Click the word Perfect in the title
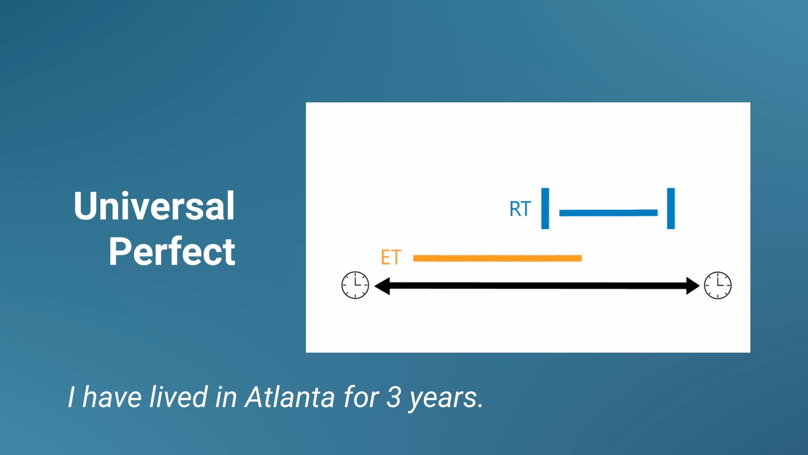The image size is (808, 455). pyautogui.click(x=172, y=252)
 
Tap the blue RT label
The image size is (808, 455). pyautogui.click(x=520, y=209)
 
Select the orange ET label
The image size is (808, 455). pyautogui.click(x=391, y=257)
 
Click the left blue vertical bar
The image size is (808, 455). pyautogui.click(x=545, y=209)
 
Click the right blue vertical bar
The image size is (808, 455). pyautogui.click(x=671, y=209)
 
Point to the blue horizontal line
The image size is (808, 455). pyautogui.click(x=608, y=213)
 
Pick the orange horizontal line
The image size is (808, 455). pyautogui.click(x=497, y=258)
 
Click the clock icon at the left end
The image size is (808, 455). pyautogui.click(x=355, y=285)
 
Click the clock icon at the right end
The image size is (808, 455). pyautogui.click(x=718, y=285)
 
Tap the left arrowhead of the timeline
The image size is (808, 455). pyautogui.click(x=382, y=286)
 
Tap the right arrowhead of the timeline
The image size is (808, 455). pyautogui.click(x=692, y=286)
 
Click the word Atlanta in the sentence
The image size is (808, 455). pyautogui.click(x=290, y=397)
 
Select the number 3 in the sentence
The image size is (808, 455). pyautogui.click(x=393, y=397)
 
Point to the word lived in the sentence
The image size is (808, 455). pyautogui.click(x=178, y=397)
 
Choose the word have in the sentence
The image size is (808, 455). pyautogui.click(x=112, y=397)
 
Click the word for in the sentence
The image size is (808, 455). pyautogui.click(x=361, y=397)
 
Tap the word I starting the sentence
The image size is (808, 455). pyautogui.click(x=72, y=397)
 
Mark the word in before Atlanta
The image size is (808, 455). pyautogui.click(x=226, y=397)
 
